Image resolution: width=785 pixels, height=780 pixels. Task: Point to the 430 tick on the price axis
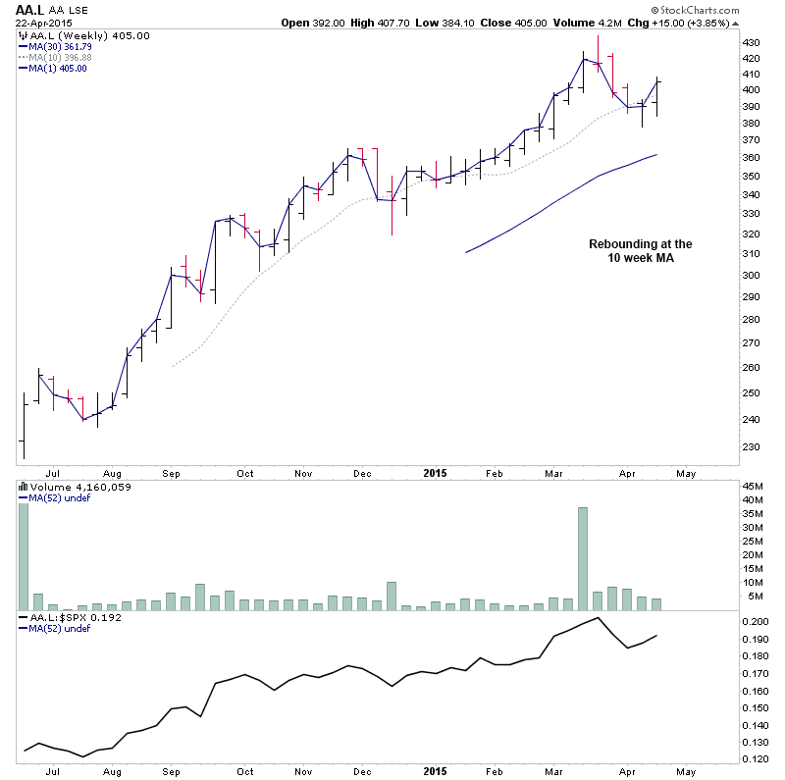751,43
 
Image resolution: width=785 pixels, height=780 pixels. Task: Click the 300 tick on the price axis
751,275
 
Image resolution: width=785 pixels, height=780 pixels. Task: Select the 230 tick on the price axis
751,446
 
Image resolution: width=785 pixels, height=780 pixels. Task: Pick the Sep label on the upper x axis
170,473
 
